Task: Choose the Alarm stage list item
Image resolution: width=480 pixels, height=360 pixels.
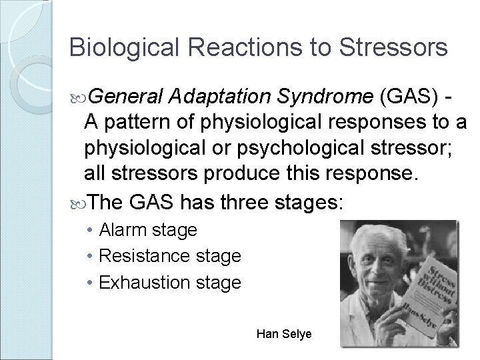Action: point(148,230)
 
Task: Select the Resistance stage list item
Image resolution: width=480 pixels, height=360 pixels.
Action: point(170,256)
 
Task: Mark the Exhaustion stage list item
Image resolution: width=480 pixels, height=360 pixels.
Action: point(169,282)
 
